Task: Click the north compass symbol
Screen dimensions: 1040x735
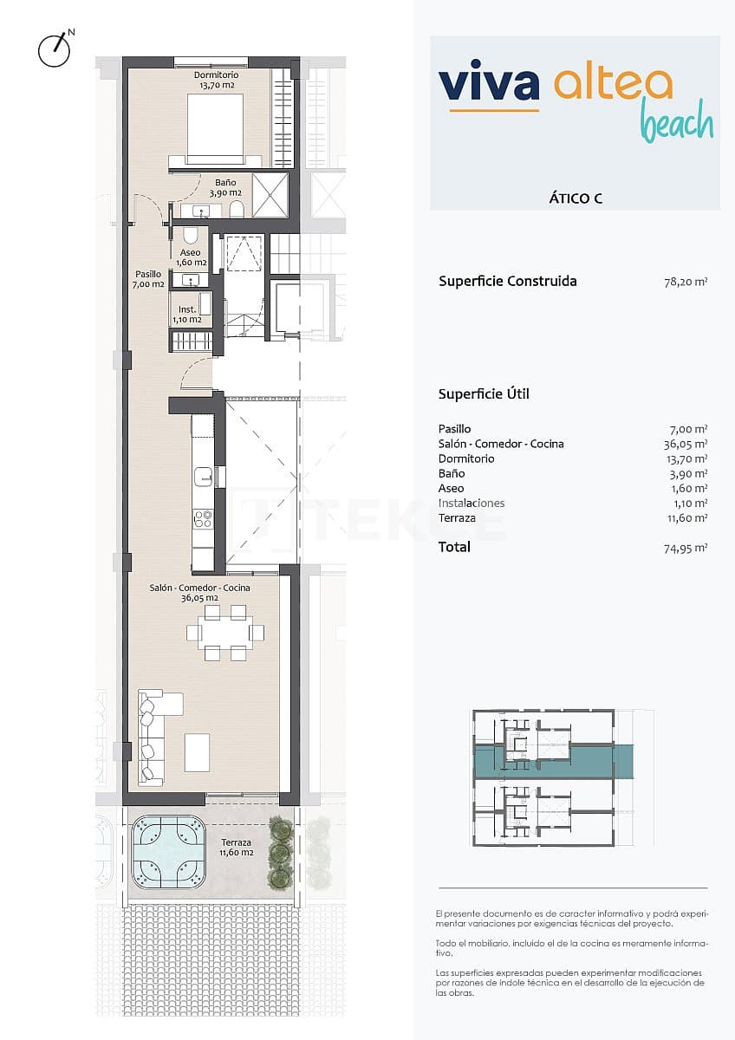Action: click(x=54, y=49)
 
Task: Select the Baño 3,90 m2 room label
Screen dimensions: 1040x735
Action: click(x=224, y=188)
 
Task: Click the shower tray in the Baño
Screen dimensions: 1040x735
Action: click(x=270, y=195)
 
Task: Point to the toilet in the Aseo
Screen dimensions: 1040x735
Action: click(x=191, y=236)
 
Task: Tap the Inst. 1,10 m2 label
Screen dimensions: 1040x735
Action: click(x=188, y=314)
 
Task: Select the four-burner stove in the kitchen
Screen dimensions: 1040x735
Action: click(x=202, y=518)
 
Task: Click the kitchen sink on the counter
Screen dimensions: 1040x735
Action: click(x=203, y=476)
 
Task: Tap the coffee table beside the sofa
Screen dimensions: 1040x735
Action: click(x=197, y=751)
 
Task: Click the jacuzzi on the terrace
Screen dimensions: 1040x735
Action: click(x=168, y=852)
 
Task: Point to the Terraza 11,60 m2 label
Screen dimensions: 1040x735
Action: click(x=236, y=848)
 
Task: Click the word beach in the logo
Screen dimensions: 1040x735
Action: click(x=676, y=124)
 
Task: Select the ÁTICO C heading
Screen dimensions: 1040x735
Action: click(x=576, y=198)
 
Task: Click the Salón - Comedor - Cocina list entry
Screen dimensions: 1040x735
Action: click(x=501, y=444)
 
